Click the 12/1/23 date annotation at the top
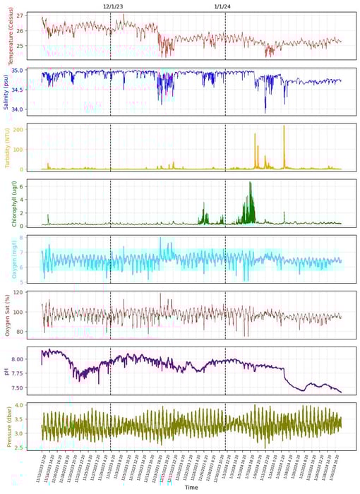point(113,6)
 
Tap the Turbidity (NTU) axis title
point(11,147)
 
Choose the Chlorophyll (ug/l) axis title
point(11,203)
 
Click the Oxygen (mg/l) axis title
point(11,259)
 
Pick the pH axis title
point(11,370)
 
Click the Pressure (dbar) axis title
point(11,426)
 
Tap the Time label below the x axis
point(191,488)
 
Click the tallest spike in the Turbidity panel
point(284,126)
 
